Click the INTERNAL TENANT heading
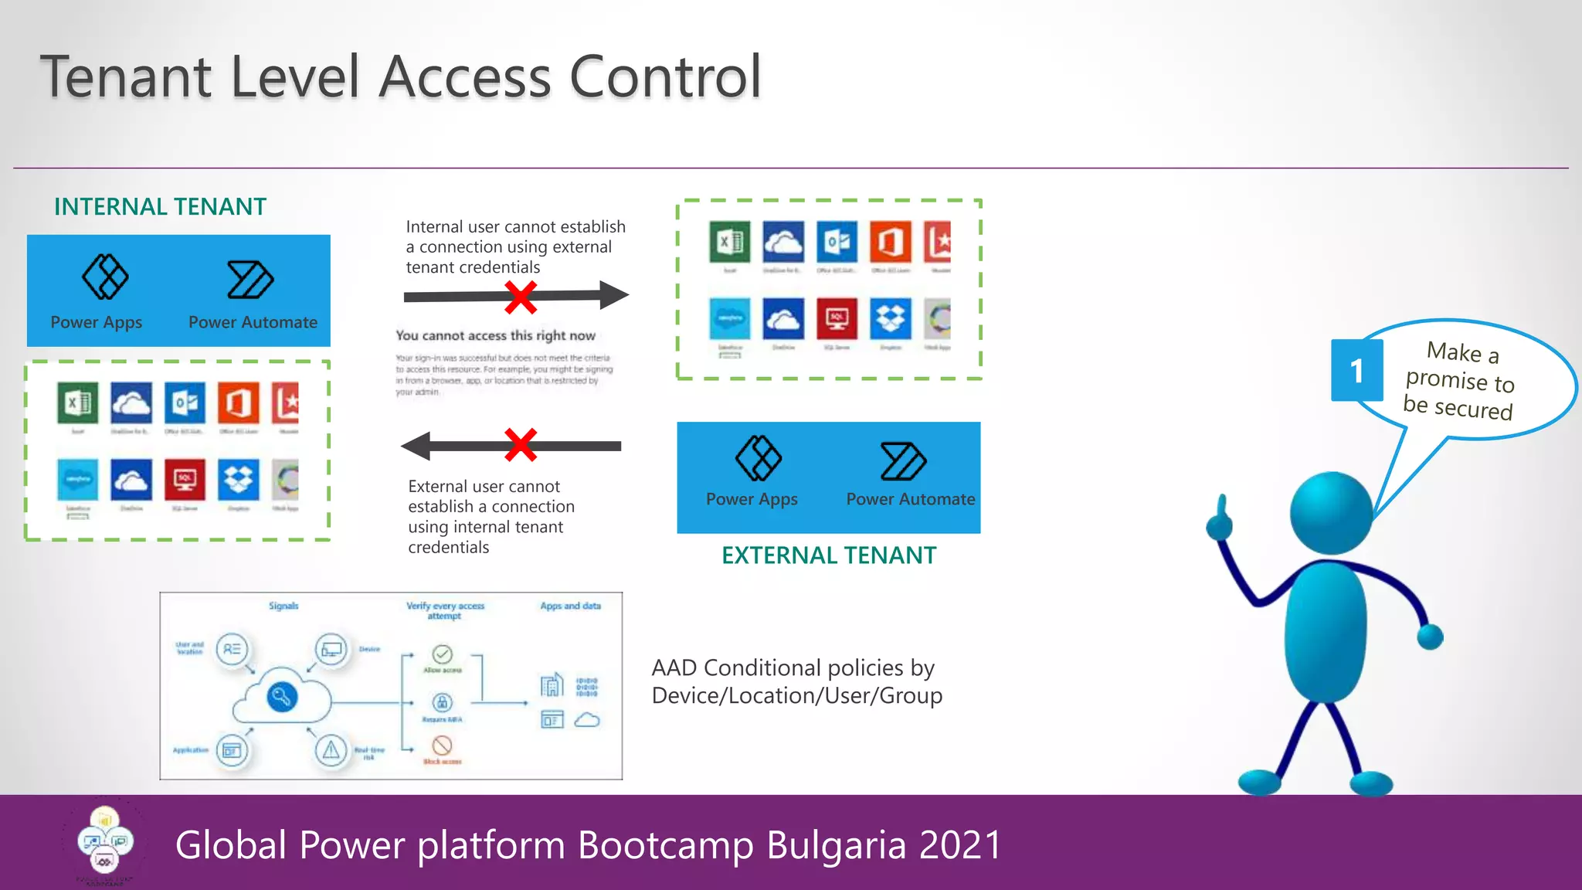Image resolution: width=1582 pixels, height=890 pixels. pyautogui.click(x=160, y=207)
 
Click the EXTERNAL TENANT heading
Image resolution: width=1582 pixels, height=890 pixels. pyautogui.click(x=828, y=555)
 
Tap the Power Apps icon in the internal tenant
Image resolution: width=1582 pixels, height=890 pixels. pyautogui.click(x=105, y=277)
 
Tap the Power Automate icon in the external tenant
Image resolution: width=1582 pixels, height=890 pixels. pyautogui.click(x=903, y=461)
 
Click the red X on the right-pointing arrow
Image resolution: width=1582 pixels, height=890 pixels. pyautogui.click(x=521, y=297)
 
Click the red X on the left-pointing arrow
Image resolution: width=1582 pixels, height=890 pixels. pyautogui.click(x=521, y=445)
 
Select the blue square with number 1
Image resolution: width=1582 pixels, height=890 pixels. pyautogui.click(x=1356, y=371)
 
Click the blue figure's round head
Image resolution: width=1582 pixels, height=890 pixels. pyautogui.click(x=1330, y=513)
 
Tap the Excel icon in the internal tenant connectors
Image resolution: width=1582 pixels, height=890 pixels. pyautogui.click(x=77, y=403)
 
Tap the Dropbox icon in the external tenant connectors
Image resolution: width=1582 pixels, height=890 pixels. pyautogui.click(x=891, y=318)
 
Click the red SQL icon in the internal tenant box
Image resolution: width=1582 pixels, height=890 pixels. pyautogui.click(x=185, y=480)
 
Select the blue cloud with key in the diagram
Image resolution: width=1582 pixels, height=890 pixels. pyautogui.click(x=282, y=698)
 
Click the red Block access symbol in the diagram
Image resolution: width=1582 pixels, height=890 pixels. pyautogui.click(x=442, y=746)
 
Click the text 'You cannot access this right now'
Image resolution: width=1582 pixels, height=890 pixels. pyautogui.click(x=495, y=336)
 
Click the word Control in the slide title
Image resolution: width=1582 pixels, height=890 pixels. pyautogui.click(x=665, y=76)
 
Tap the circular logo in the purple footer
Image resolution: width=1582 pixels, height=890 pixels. pyautogui.click(x=105, y=842)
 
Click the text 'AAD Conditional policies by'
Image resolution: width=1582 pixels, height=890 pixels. pyautogui.click(x=793, y=667)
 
